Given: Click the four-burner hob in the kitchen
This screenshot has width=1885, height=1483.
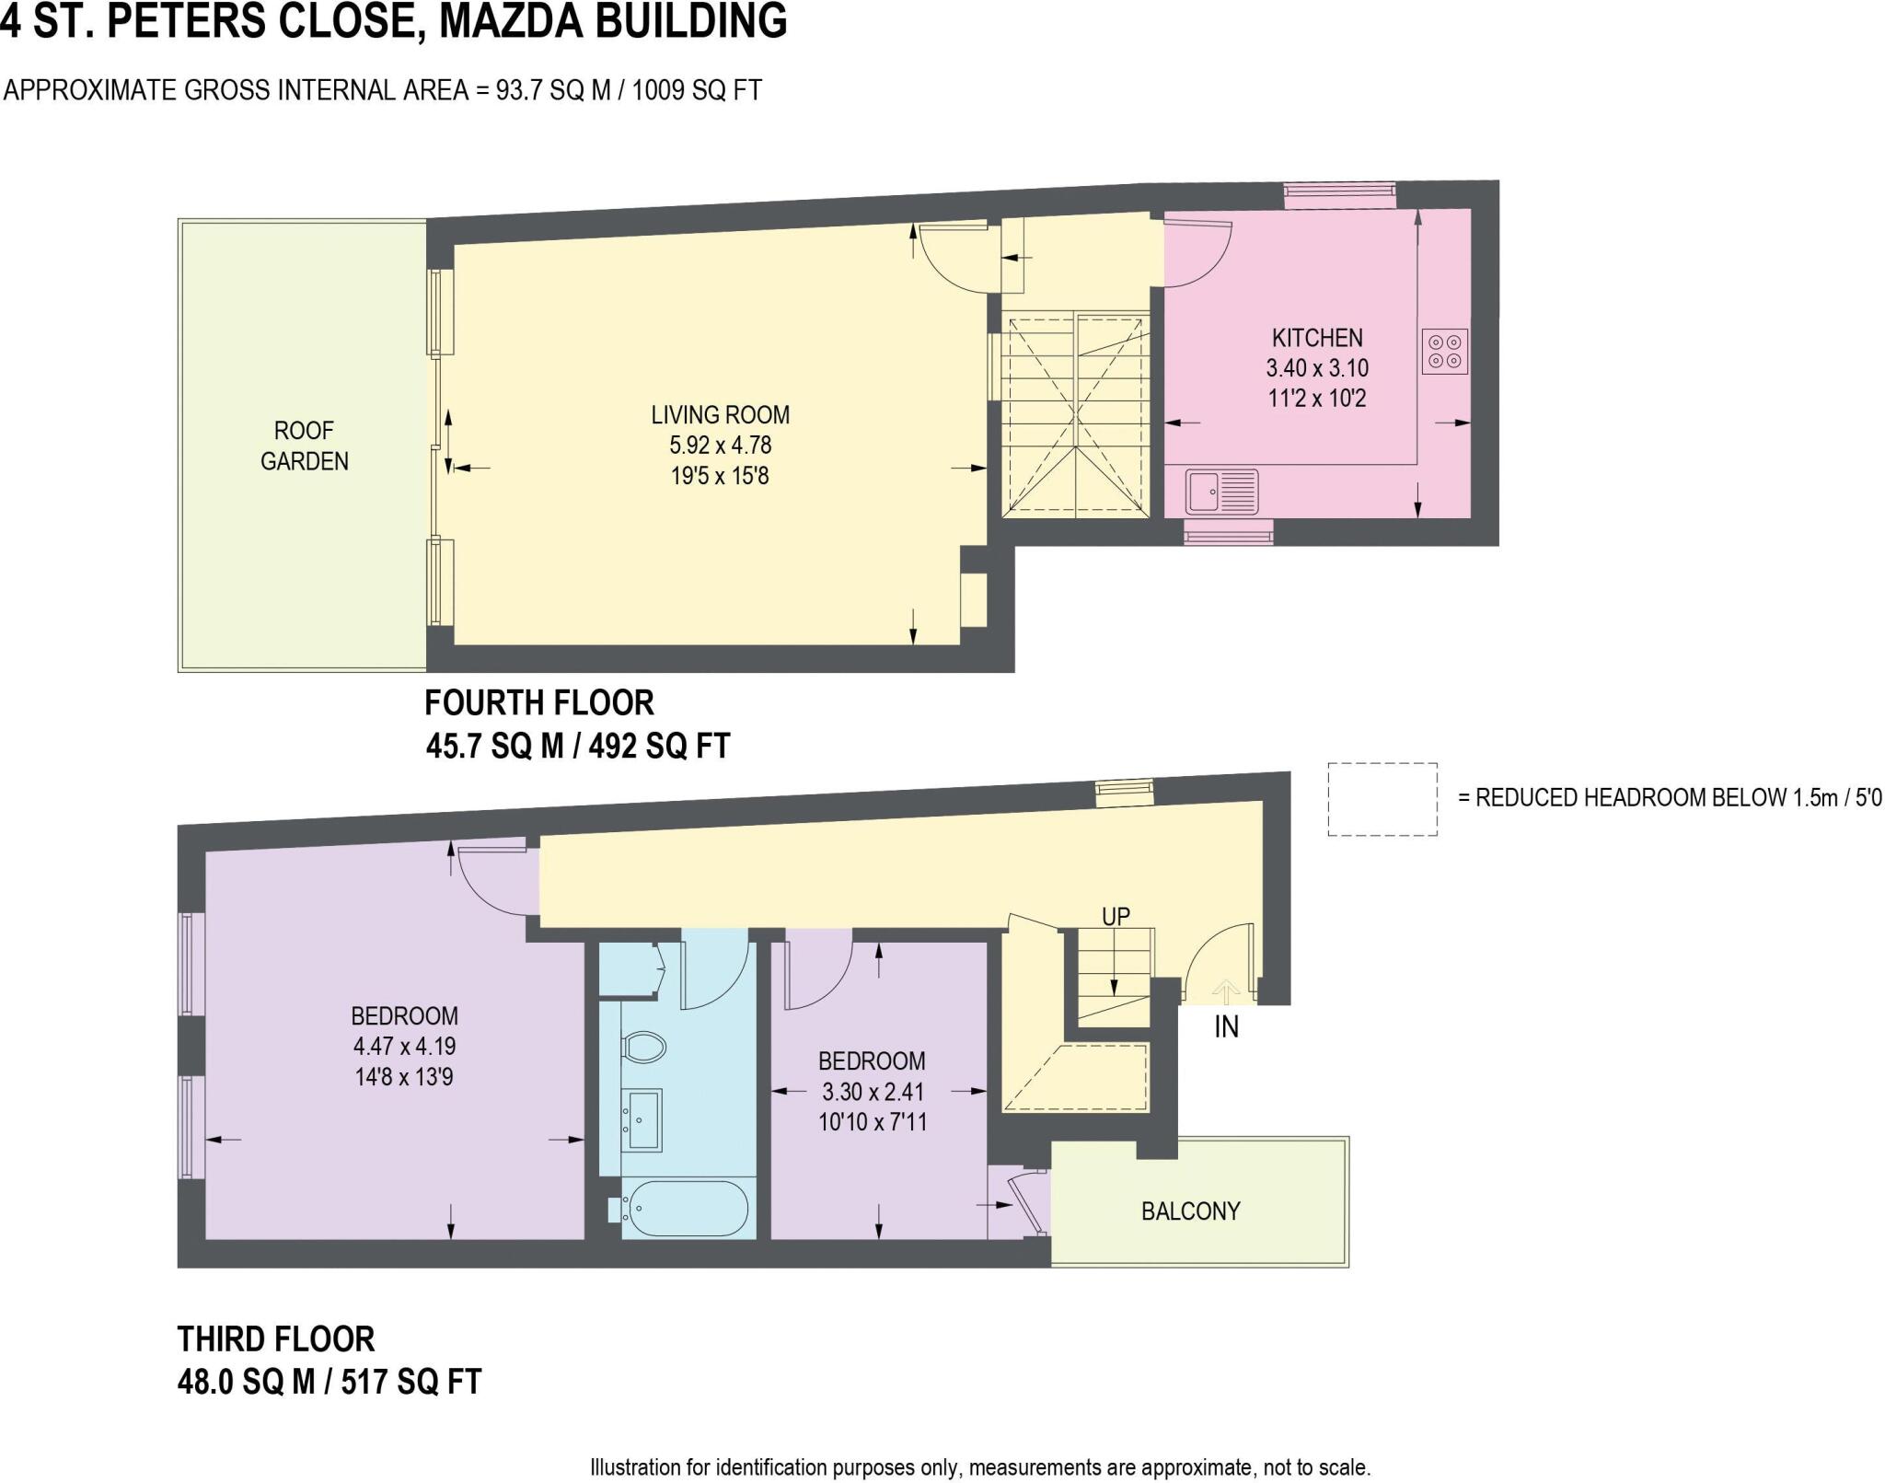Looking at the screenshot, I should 1444,352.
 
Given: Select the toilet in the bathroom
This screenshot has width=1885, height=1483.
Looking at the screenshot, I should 644,1047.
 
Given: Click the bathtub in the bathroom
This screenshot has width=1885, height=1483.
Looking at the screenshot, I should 686,1209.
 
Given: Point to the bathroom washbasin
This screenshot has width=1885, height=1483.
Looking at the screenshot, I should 642,1119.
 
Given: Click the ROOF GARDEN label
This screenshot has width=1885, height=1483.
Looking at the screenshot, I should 304,446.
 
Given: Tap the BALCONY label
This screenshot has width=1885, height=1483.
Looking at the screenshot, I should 1190,1211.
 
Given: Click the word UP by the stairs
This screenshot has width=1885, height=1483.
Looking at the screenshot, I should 1116,916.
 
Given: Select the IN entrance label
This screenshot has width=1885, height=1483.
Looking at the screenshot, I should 1226,1026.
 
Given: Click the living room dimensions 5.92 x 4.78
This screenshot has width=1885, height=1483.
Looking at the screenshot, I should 720,446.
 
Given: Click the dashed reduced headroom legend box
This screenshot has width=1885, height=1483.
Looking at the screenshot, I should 1382,799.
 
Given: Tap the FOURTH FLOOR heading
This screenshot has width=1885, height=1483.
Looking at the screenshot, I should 538,703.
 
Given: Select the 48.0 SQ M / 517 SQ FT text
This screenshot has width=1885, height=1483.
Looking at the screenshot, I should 329,1382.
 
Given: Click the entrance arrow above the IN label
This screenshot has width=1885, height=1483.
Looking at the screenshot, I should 1225,991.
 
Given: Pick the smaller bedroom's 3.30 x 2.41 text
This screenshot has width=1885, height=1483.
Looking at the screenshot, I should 871,1092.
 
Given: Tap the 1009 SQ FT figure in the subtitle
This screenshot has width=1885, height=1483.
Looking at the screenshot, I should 697,90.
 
